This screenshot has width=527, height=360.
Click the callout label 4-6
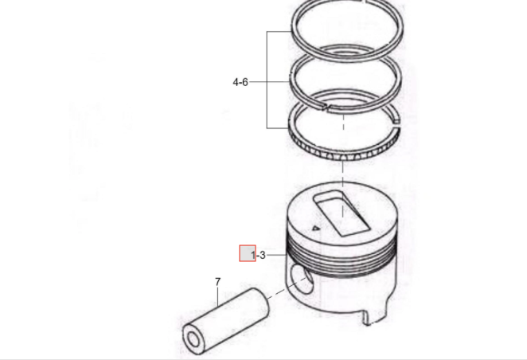coord(240,82)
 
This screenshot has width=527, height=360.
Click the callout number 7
coord(218,282)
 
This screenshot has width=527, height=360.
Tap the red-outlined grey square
coord(248,253)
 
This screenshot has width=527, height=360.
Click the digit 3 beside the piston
coord(263,256)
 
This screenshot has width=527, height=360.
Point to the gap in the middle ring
coord(326,108)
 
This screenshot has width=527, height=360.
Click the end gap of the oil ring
coord(397,123)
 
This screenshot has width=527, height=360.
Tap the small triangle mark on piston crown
coord(315,229)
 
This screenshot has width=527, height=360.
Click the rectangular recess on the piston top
coord(342,213)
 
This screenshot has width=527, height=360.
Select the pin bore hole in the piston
coord(302,279)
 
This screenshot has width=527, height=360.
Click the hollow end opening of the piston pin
coord(193,339)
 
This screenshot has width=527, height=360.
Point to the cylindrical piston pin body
coord(226,321)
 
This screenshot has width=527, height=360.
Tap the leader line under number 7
coord(218,296)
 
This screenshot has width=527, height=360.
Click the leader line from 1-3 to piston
coord(276,256)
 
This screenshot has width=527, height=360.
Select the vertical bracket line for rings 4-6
coord(267,80)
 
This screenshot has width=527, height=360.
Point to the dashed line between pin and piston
coord(287,289)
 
